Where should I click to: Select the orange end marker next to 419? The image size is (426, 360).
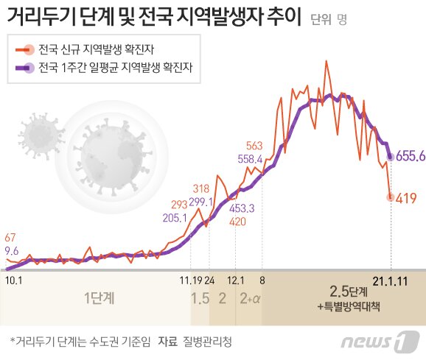[391, 197]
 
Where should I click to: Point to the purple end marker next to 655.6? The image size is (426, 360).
[390, 155]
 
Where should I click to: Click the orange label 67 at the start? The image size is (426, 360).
[10, 238]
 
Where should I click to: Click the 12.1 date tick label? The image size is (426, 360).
[235, 280]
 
